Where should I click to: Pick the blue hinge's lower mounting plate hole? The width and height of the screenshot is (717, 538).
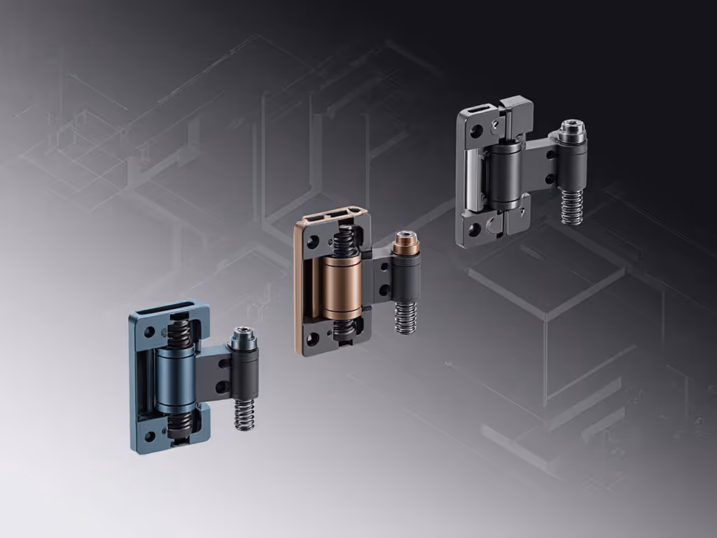point(149,436)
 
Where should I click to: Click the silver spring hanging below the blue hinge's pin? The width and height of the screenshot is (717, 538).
point(244,414)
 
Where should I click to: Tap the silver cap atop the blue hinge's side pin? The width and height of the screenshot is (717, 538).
point(243,338)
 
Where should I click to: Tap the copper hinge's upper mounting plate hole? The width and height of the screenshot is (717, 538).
point(313,242)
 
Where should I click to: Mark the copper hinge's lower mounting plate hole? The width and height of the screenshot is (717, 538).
point(313,339)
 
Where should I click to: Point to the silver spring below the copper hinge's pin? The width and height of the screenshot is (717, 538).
point(405,317)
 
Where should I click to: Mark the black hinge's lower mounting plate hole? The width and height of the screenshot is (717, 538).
point(475,229)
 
